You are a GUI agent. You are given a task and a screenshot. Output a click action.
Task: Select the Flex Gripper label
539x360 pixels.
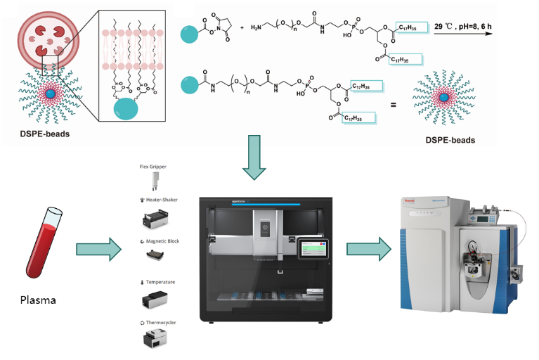pos(153,167)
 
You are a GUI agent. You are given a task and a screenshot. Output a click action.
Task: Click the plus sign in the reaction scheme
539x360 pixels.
pos(243,27)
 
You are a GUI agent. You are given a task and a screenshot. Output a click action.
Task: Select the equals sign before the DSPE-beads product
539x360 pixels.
pos(394,105)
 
